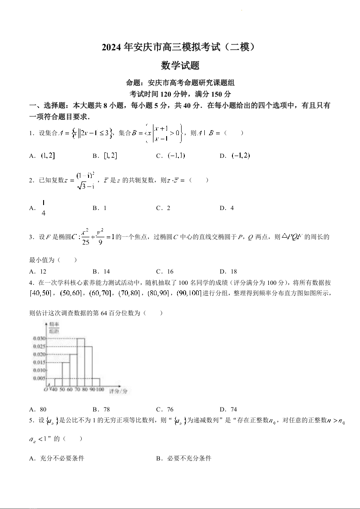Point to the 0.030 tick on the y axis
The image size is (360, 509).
click(39, 338)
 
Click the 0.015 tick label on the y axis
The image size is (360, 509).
click(39, 362)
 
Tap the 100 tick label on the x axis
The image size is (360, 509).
click(99, 390)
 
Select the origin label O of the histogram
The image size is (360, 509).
click(45, 389)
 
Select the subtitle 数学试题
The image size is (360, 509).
click(180, 66)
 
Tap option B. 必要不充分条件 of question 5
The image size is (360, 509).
click(184, 458)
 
